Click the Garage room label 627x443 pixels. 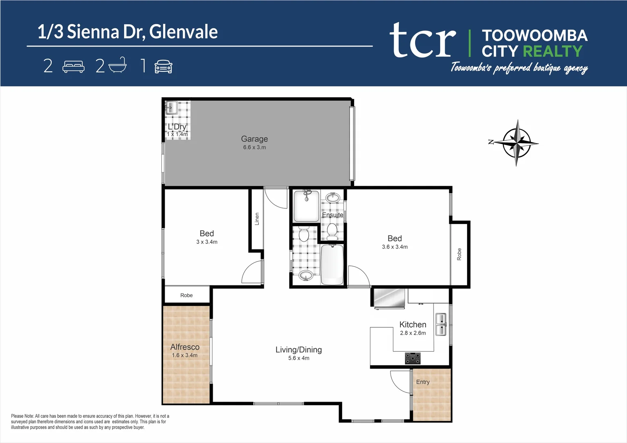[254, 139]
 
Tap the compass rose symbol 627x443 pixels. [516, 143]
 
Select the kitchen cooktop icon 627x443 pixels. [413, 358]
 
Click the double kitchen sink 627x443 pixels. [441, 324]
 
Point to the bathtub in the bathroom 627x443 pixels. [332, 265]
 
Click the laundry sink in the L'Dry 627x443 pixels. [171, 108]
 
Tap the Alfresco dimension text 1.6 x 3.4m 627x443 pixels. [185, 355]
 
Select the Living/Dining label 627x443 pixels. [298, 350]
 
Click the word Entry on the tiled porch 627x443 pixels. [423, 382]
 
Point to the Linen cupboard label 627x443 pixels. [257, 219]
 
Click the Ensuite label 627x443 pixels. [332, 215]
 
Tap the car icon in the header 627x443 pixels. [163, 66]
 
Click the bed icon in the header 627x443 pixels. [73, 66]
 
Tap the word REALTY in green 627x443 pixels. [552, 51]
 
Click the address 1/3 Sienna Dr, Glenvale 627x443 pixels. [127, 32]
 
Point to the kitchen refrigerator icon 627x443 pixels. [389, 298]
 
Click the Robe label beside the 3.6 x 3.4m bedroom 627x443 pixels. [459, 254]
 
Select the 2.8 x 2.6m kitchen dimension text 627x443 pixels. [413, 333]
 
